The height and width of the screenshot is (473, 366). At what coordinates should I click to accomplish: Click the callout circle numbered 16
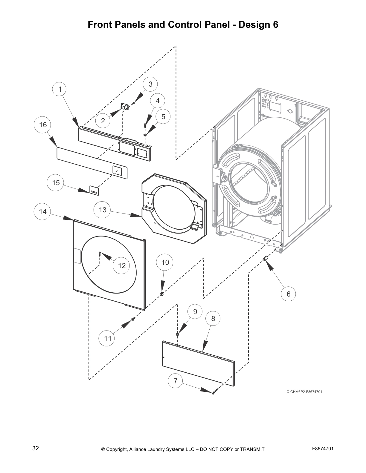tap(43, 125)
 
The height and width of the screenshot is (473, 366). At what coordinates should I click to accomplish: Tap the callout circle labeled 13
tap(103, 210)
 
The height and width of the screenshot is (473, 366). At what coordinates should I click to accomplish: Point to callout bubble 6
tap(289, 294)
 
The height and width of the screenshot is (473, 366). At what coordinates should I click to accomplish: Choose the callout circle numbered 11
tap(108, 338)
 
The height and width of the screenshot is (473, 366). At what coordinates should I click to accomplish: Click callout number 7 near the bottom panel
tap(176, 381)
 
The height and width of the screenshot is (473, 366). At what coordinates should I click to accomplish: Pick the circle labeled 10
tap(165, 262)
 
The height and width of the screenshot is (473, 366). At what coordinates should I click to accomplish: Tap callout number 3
tap(150, 84)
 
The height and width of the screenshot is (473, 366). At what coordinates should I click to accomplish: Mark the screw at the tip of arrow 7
tap(213, 393)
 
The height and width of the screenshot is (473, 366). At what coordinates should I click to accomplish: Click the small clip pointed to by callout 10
tap(162, 294)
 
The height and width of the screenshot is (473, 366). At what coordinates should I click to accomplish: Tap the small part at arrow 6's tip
tap(265, 258)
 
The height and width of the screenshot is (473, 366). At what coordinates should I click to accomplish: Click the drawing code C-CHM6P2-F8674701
tap(304, 392)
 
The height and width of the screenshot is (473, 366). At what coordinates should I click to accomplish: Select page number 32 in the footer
tap(36, 448)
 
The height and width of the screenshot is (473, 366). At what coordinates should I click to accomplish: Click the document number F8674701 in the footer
tap(323, 448)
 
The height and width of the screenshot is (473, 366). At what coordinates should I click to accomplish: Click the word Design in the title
tap(255, 25)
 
